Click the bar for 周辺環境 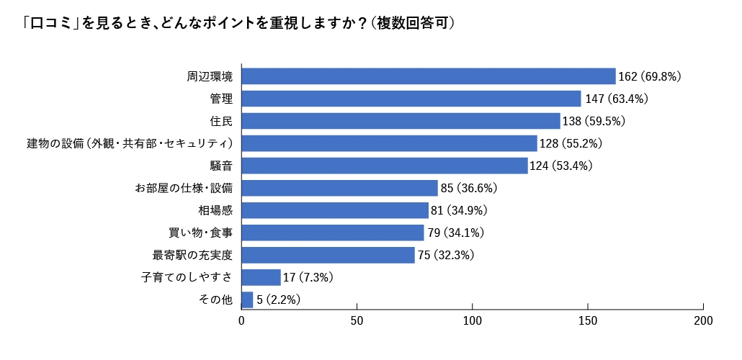click(x=429, y=76)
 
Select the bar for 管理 click(x=411, y=99)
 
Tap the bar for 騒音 click(x=385, y=166)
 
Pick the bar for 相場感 click(x=335, y=210)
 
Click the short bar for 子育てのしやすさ click(x=261, y=277)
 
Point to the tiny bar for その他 click(x=247, y=300)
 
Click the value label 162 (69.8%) click(x=650, y=76)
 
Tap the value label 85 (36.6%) click(x=469, y=188)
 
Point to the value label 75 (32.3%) click(x=446, y=255)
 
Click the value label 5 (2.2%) click(x=278, y=300)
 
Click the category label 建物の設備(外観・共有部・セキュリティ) click(x=130, y=143)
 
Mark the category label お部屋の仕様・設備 click(x=184, y=188)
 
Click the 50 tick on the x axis click(x=357, y=320)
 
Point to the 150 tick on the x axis click(x=588, y=320)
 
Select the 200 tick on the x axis click(x=703, y=320)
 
